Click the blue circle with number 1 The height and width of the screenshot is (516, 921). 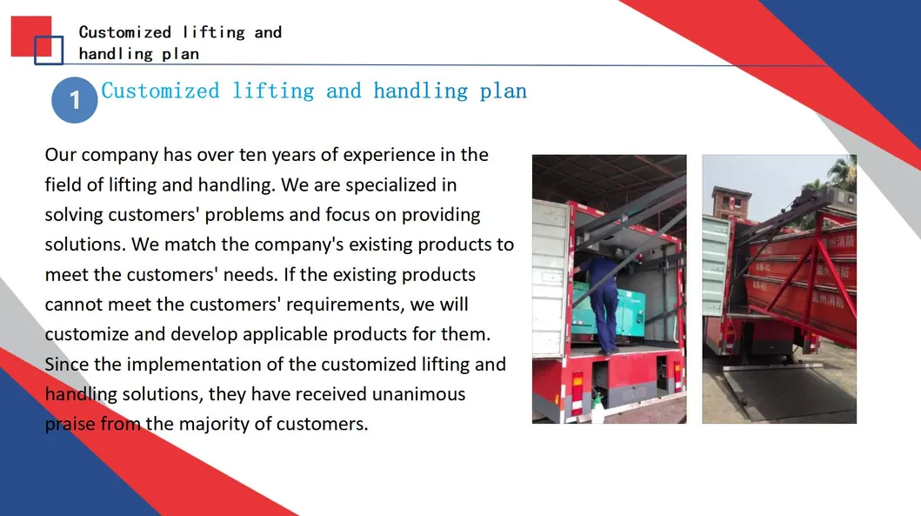75,100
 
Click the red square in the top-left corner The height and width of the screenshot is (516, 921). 31,37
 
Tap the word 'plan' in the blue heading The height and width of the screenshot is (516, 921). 503,91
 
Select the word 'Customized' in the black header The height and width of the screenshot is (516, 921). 125,32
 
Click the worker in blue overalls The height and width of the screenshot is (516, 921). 601,304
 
